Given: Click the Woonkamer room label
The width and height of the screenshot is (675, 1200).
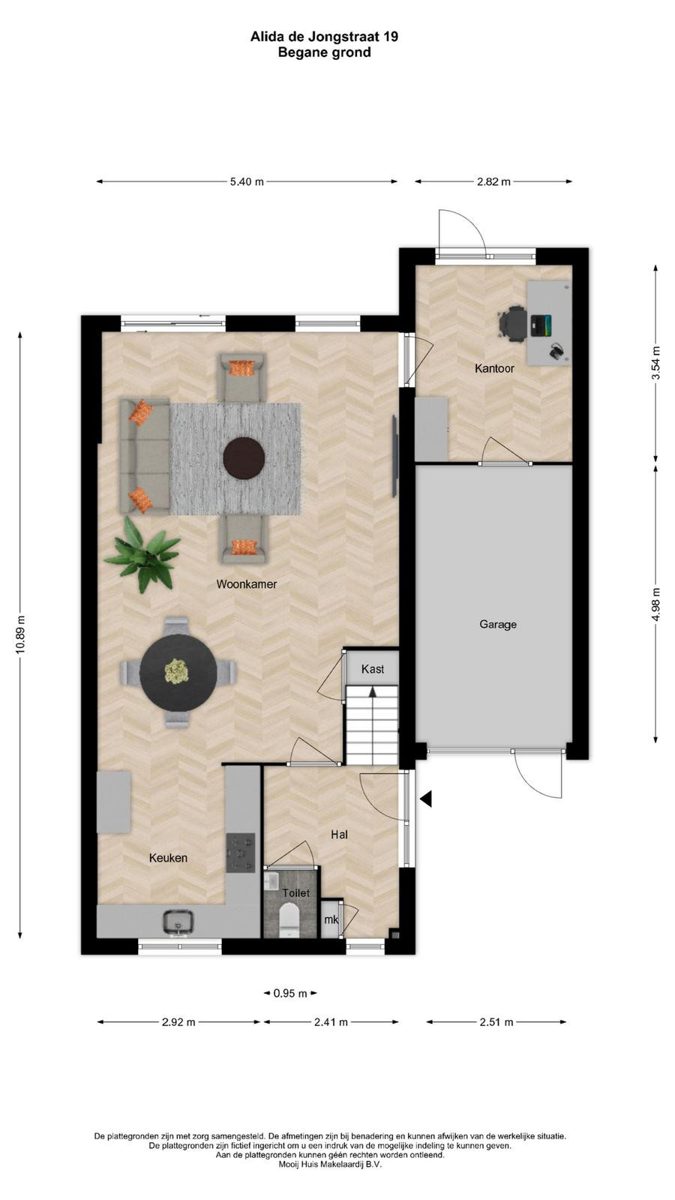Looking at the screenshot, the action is (x=247, y=584).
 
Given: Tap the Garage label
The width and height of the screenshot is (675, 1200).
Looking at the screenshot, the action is (x=498, y=624).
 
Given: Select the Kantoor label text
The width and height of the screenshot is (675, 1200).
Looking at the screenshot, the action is (x=494, y=368).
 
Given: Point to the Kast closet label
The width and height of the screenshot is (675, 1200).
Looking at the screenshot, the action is (x=372, y=669).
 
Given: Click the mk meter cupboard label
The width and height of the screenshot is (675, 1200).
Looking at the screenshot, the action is (x=331, y=919).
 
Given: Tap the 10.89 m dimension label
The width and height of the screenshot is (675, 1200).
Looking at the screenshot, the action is (x=20, y=634).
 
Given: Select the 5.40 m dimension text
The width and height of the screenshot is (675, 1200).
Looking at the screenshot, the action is (x=247, y=181).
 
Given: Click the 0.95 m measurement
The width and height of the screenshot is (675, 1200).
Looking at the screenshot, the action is (x=290, y=993).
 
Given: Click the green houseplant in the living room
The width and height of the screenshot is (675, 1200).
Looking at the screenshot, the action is (x=143, y=554).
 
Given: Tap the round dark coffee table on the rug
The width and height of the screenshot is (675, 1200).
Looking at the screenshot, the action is (x=244, y=458).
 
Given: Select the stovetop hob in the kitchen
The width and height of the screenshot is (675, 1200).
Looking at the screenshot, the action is (x=241, y=852).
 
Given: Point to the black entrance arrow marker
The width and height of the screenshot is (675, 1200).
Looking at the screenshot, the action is (x=426, y=799).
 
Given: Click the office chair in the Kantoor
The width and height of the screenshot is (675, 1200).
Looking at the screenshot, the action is (x=513, y=323).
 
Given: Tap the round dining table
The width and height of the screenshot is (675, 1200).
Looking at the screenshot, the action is (x=178, y=673).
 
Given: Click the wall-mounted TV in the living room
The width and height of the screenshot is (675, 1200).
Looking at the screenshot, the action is (x=394, y=455).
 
